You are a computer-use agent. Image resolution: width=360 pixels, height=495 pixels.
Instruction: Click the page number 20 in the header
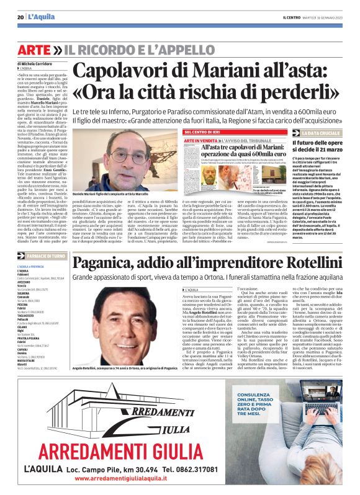pos(20,17)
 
